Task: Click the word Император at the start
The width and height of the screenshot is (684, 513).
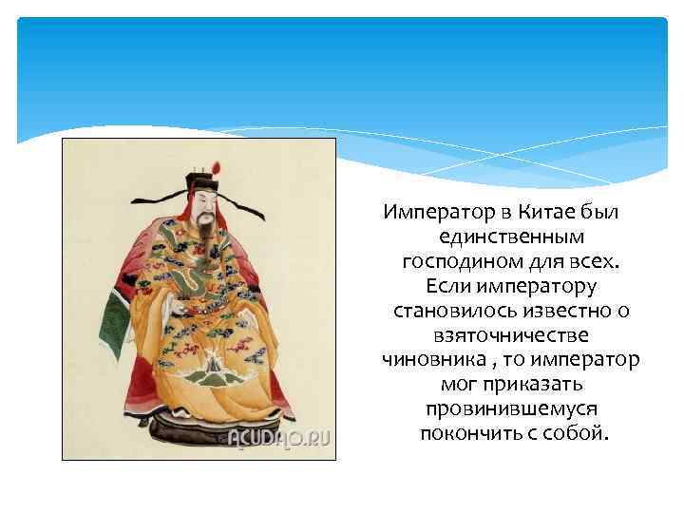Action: (427, 211)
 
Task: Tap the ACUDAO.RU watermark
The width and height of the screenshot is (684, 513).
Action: (279, 438)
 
